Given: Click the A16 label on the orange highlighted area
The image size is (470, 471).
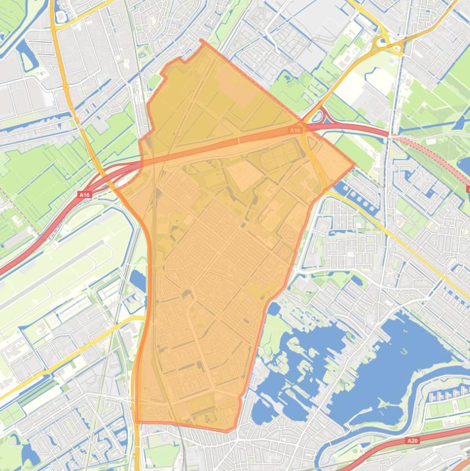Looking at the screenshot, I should coord(295,130).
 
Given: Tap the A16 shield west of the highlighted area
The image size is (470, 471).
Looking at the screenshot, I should coord(84,195).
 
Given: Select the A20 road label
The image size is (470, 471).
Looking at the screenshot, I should coord(413,440).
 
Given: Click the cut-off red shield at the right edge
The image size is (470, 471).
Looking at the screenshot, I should coord(468,189).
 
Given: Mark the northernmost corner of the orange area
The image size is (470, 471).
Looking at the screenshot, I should coord(202,41).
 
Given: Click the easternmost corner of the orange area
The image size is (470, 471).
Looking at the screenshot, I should coord(354,164).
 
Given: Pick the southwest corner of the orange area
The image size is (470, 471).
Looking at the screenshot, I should coord(136,421).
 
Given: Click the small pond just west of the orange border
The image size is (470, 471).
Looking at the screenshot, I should coord(138,281).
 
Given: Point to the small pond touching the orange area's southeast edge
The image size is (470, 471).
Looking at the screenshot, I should coord(273,309).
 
